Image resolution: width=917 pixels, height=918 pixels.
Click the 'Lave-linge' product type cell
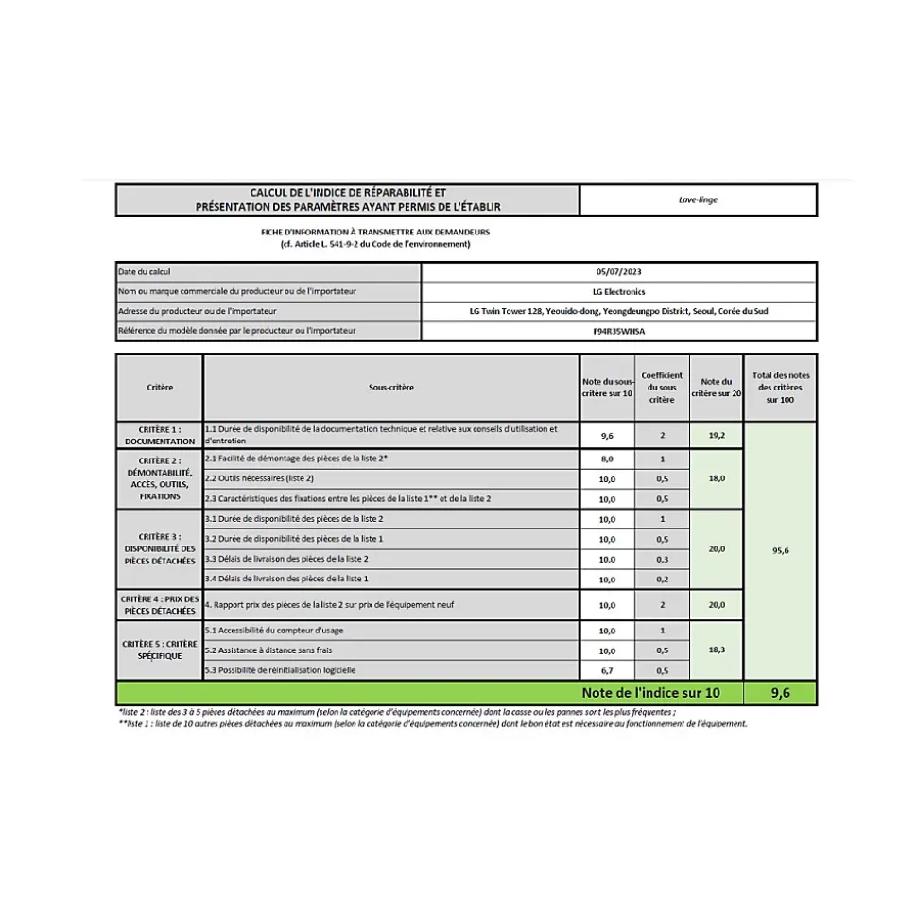[x=698, y=200]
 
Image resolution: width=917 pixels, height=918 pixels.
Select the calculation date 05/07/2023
[x=618, y=272]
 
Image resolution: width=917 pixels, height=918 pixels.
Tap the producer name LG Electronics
[x=618, y=292]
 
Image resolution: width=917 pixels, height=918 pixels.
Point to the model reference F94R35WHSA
[x=618, y=332]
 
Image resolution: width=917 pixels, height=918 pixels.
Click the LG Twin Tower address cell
[x=618, y=312]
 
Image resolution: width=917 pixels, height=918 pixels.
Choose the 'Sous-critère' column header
[x=390, y=388]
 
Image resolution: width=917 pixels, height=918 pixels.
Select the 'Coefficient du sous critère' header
[x=662, y=388]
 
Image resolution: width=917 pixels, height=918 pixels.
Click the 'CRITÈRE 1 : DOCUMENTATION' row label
[x=159, y=435]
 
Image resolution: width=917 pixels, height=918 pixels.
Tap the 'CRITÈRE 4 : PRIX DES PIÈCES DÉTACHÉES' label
[x=159, y=605]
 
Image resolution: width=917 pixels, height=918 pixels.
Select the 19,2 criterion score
[x=716, y=435]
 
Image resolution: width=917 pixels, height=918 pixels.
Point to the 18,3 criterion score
[x=716, y=650]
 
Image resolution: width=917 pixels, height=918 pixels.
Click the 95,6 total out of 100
[x=780, y=550]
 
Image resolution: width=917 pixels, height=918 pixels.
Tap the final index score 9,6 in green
[x=780, y=693]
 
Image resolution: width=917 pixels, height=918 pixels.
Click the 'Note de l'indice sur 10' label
[x=651, y=693]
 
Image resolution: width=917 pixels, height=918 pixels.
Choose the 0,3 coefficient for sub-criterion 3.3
[x=662, y=560]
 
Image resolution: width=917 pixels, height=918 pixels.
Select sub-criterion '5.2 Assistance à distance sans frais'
[x=269, y=650]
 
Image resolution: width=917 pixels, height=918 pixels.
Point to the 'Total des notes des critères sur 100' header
[x=780, y=388]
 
